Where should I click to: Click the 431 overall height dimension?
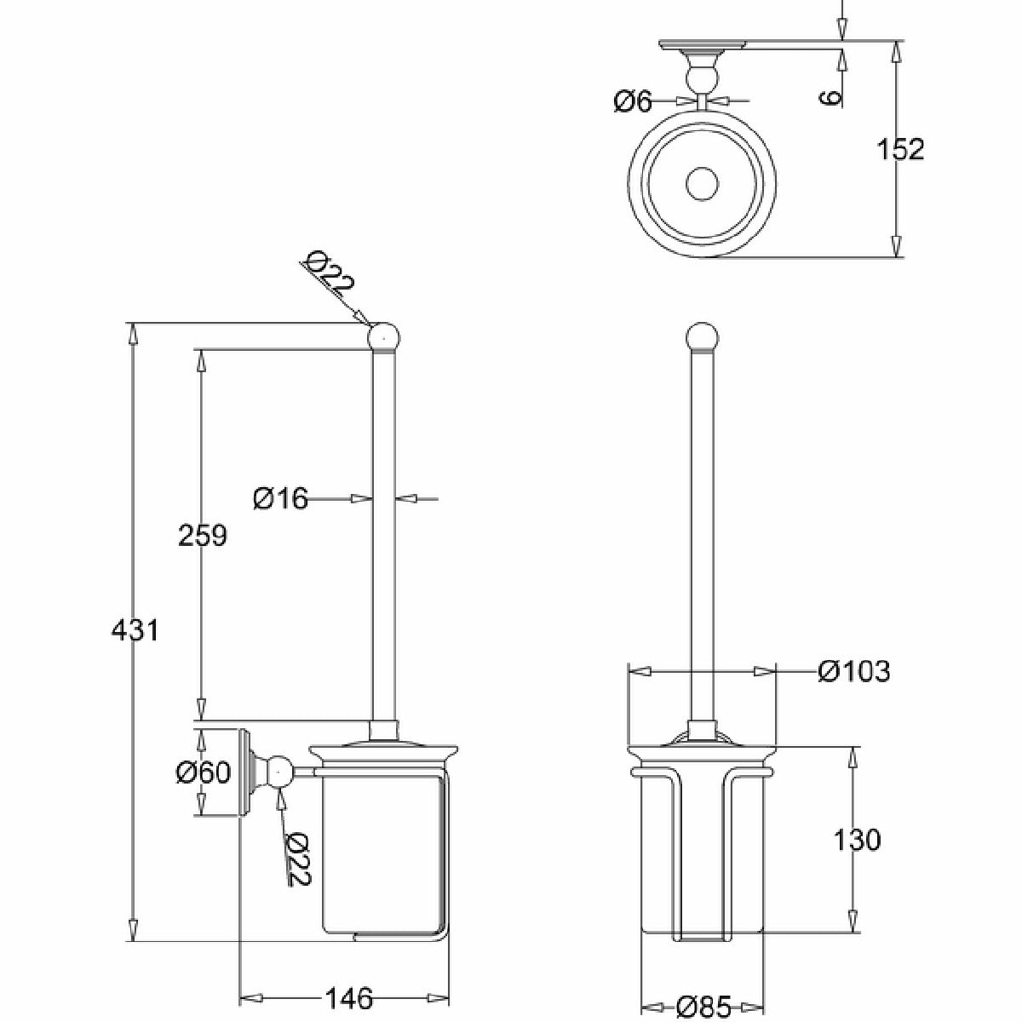pyautogui.click(x=135, y=630)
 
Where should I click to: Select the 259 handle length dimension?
pyautogui.click(x=203, y=535)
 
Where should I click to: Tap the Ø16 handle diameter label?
pyautogui.click(x=280, y=498)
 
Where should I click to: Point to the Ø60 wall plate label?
pyautogui.click(x=204, y=772)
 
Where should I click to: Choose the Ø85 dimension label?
pyautogui.click(x=703, y=1006)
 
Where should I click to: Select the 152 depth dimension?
pyautogui.click(x=900, y=149)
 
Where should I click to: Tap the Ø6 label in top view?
pyautogui.click(x=632, y=100)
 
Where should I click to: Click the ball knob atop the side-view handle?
pyautogui.click(x=384, y=337)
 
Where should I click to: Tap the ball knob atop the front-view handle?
pyautogui.click(x=702, y=337)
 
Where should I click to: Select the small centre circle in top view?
pyautogui.click(x=702, y=184)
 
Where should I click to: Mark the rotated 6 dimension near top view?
pyautogui.click(x=831, y=98)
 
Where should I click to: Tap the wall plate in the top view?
pyautogui.click(x=702, y=45)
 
